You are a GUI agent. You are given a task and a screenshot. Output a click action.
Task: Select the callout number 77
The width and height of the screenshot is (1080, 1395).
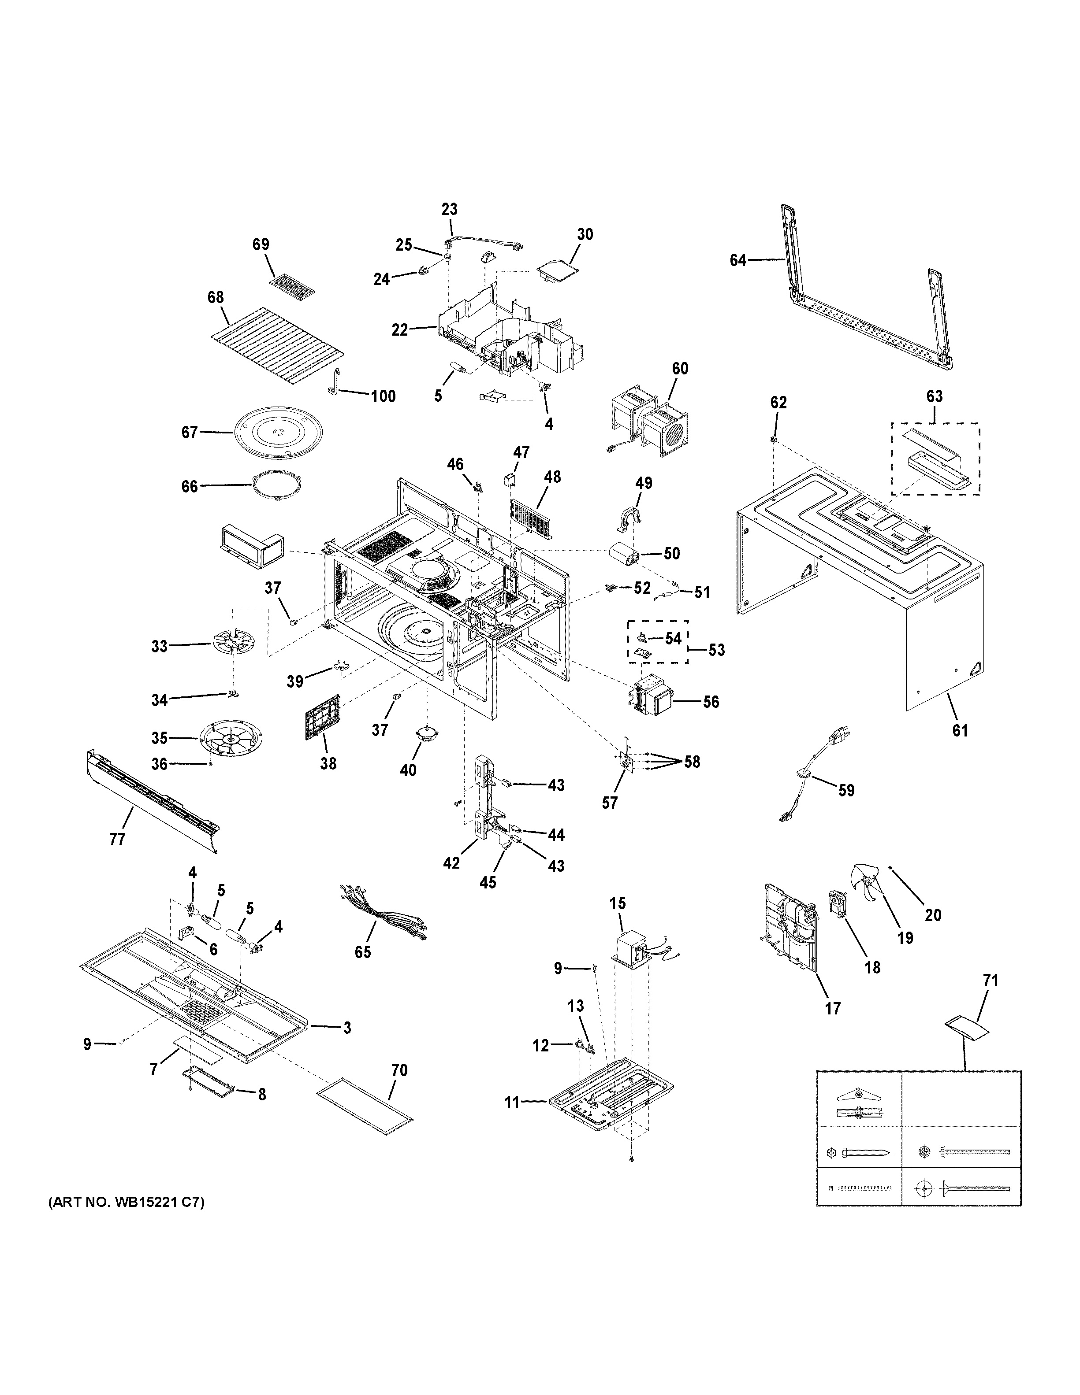click(117, 839)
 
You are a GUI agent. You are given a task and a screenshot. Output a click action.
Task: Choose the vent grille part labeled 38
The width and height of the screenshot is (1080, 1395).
click(323, 717)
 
